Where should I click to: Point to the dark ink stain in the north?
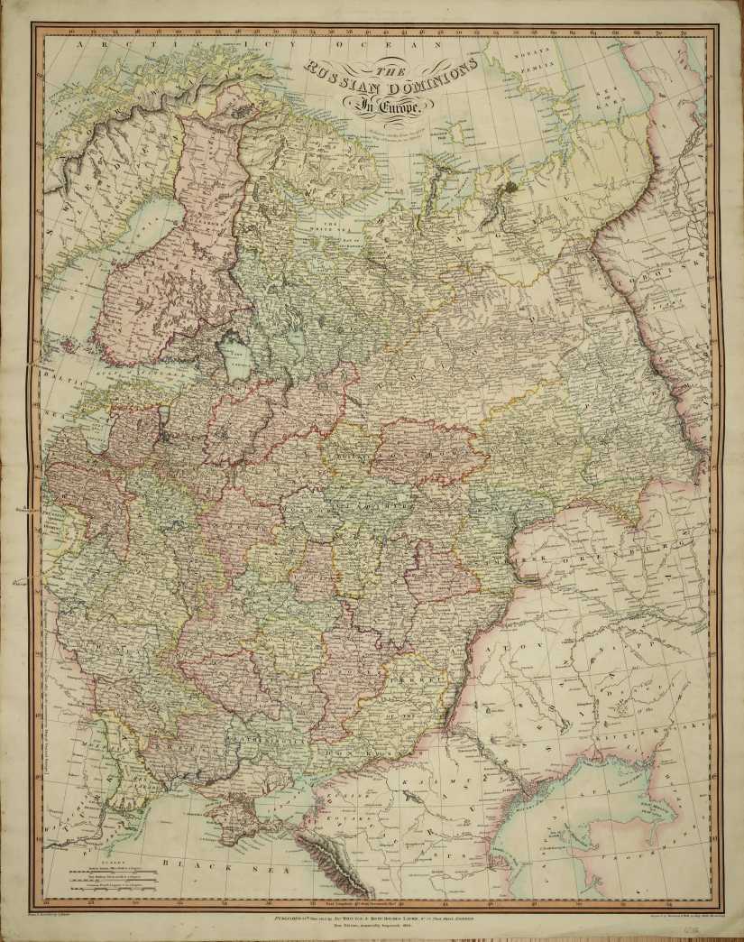tap(511, 187)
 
